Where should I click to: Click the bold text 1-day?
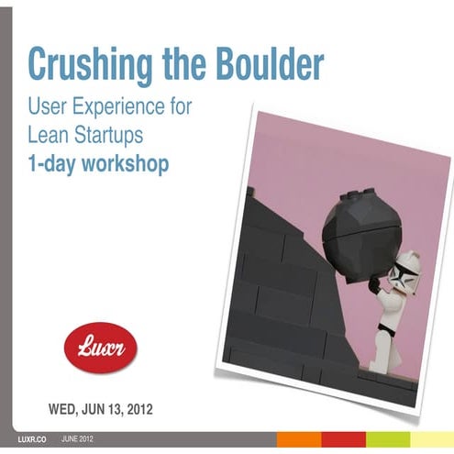[x=54, y=167]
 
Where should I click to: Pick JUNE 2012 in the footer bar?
[x=78, y=441]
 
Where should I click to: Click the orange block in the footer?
[x=297, y=439]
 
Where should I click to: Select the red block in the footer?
[x=343, y=439]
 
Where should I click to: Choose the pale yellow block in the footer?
[x=432, y=439]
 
